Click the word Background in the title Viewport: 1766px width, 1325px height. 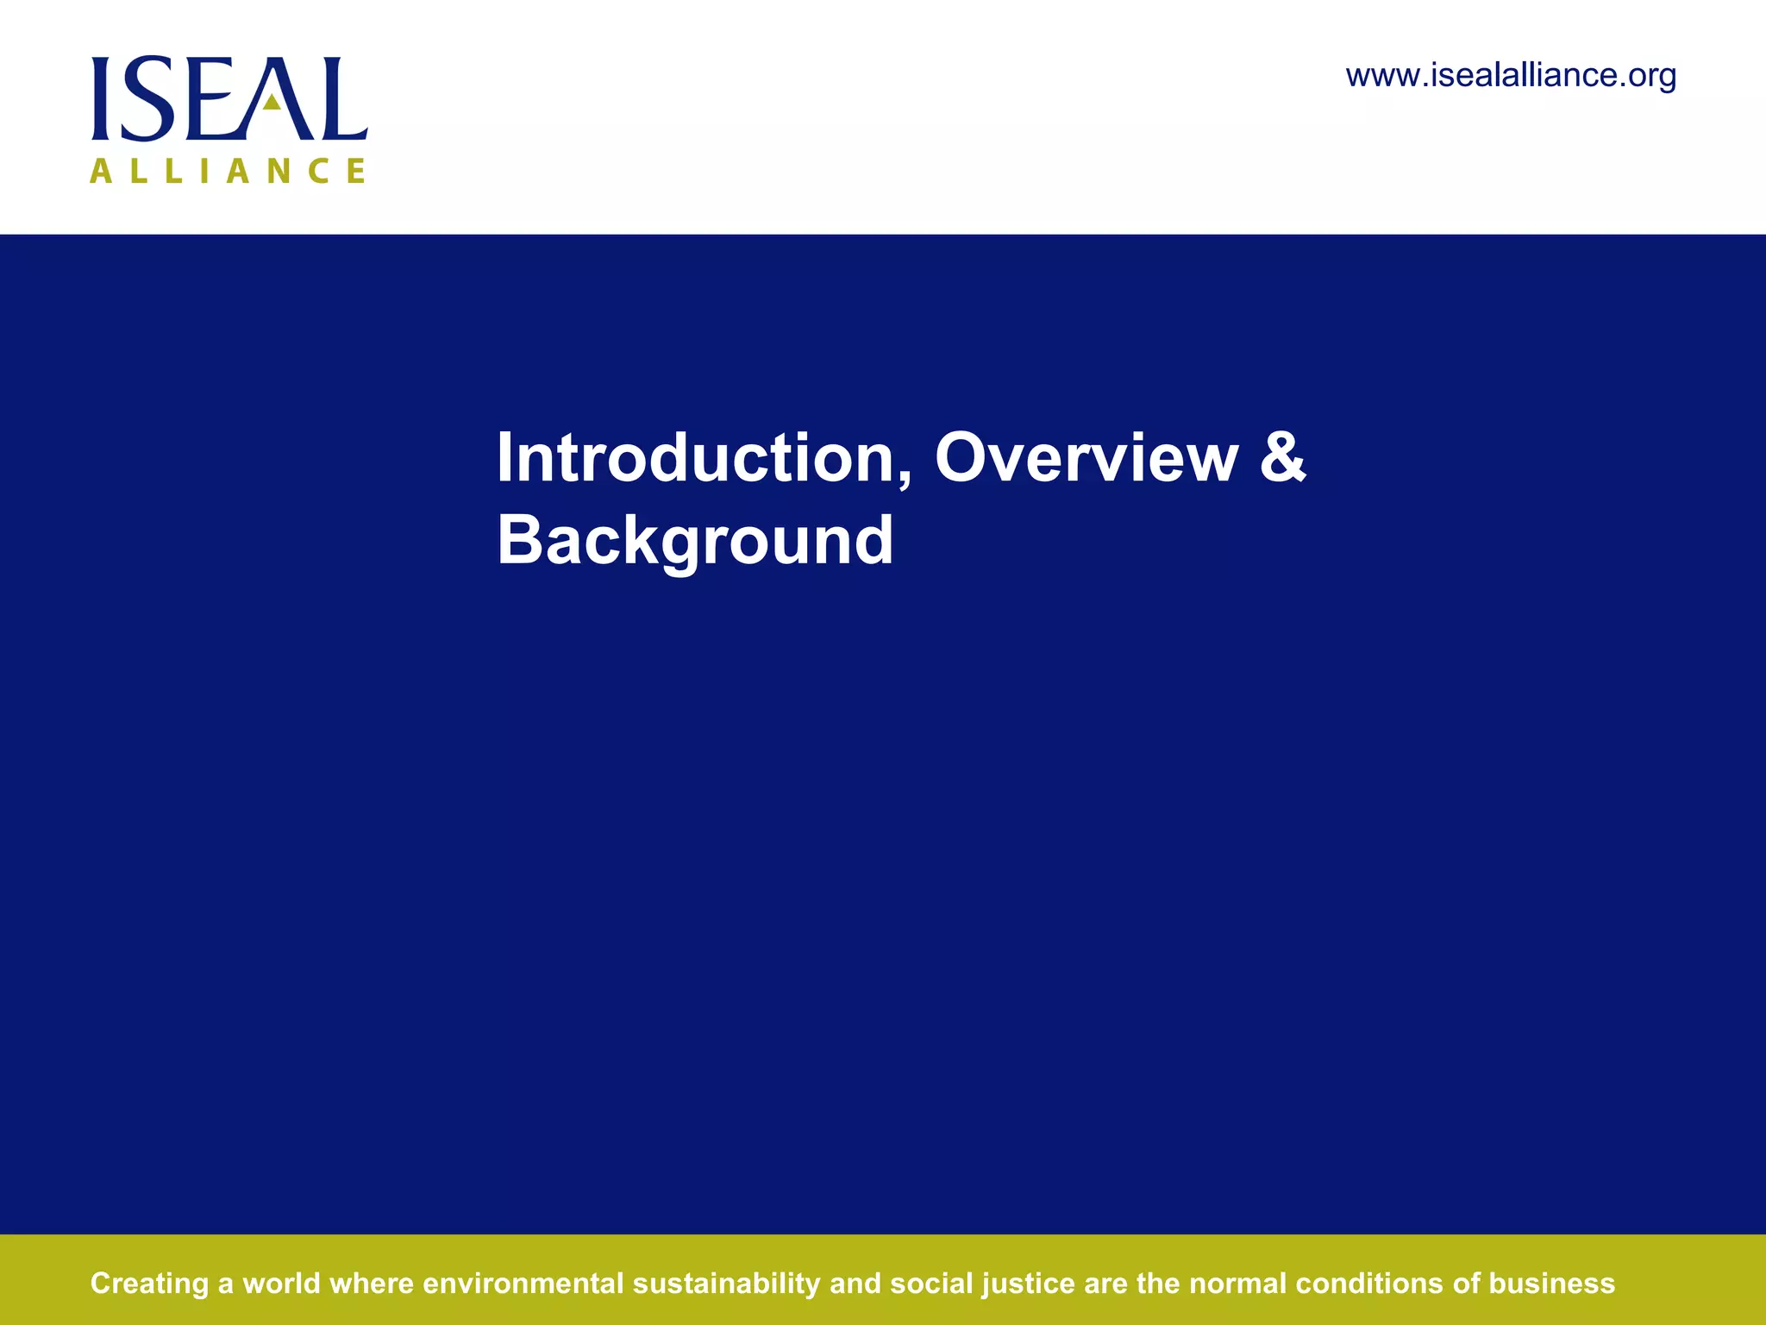point(694,540)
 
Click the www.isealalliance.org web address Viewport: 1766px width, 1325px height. point(1511,76)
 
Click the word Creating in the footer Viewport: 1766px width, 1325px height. point(149,1284)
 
